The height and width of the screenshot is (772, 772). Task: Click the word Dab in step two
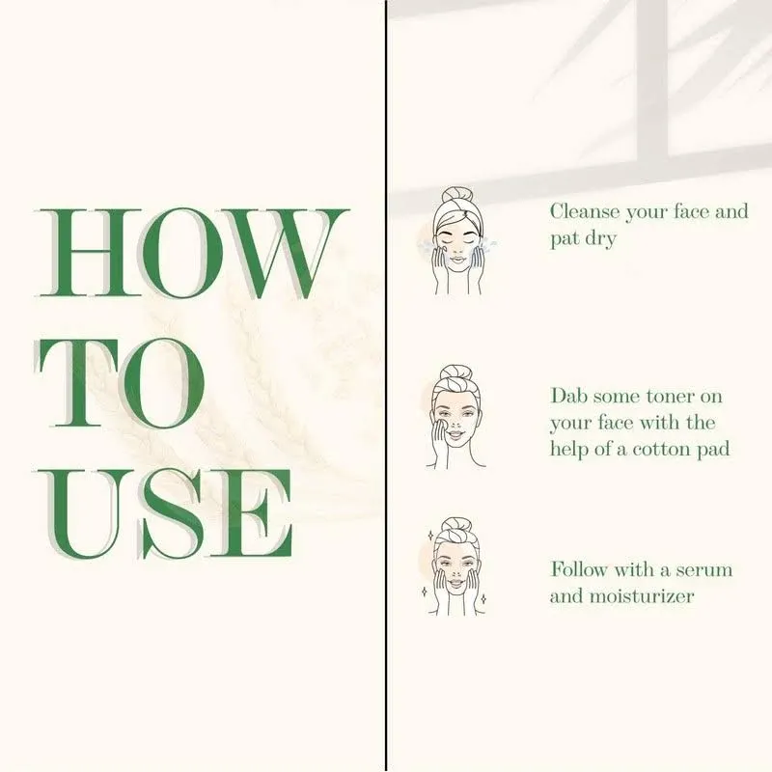pos(567,397)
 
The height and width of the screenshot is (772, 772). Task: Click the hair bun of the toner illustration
pos(454,373)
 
